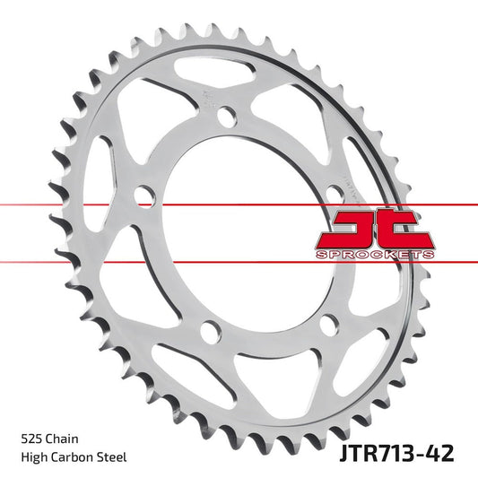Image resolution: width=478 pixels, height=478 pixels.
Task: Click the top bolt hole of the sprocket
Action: coord(227,117)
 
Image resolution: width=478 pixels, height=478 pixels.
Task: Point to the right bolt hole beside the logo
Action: coord(334,189)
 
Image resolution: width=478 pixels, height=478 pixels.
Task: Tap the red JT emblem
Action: coord(374,227)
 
